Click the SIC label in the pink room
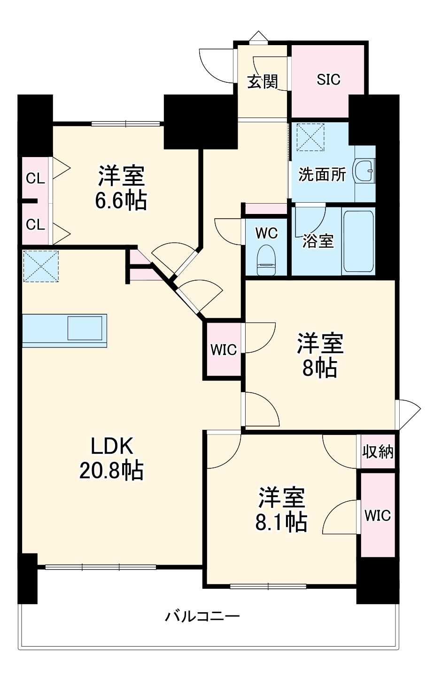(x=328, y=80)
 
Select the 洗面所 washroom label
(x=322, y=175)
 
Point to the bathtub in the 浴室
(x=358, y=241)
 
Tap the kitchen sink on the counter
(x=85, y=328)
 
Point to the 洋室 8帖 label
(x=320, y=355)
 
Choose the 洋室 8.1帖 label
(x=281, y=510)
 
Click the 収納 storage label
(x=378, y=452)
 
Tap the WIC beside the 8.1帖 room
(x=378, y=515)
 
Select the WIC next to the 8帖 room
(x=224, y=349)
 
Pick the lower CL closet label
(x=35, y=225)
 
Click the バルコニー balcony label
(x=202, y=616)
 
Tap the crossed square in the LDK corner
(x=41, y=266)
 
